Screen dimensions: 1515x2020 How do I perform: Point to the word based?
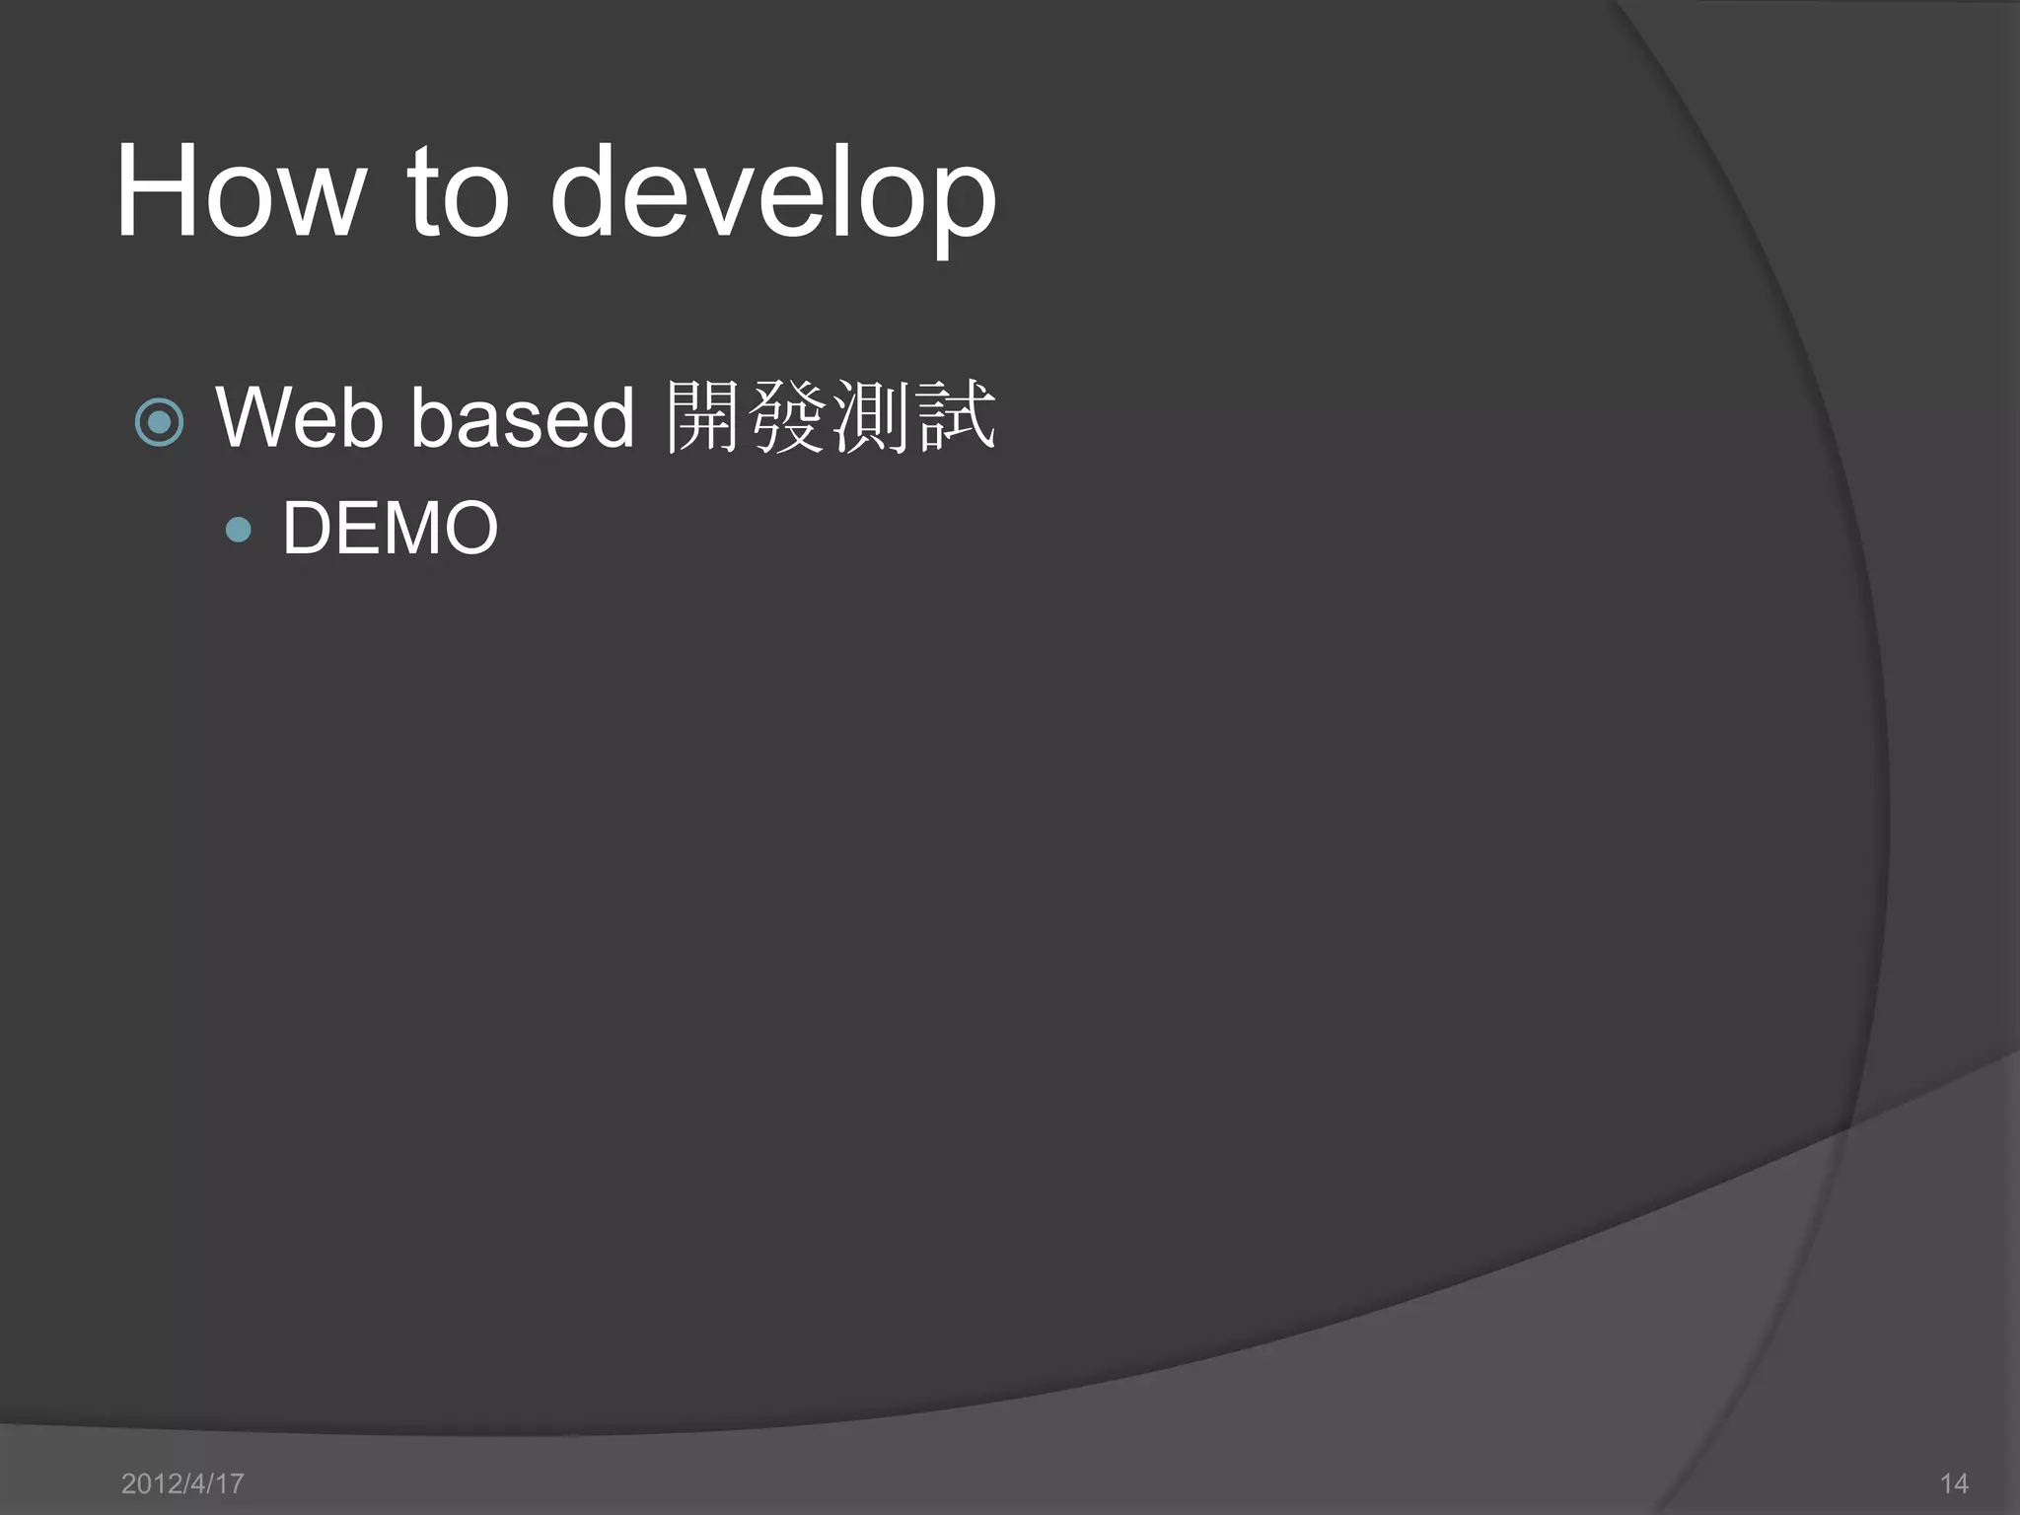coord(522,418)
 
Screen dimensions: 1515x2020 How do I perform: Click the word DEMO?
coord(391,529)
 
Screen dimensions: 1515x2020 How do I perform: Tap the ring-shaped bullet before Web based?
coord(159,422)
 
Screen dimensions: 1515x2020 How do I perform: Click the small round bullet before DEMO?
coord(238,531)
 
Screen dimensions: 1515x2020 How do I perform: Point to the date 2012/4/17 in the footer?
coord(182,1483)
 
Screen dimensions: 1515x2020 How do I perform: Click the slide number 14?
coord(1954,1483)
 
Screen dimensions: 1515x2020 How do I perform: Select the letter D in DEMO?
coord(309,529)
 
